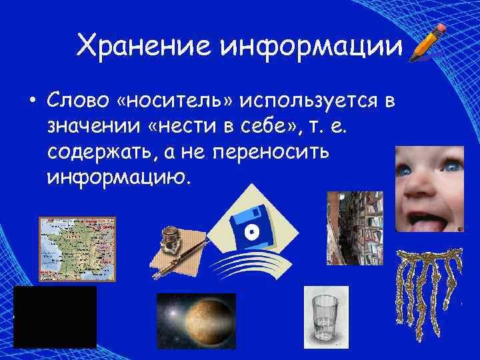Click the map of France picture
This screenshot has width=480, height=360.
click(x=77, y=249)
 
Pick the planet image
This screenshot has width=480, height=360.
click(x=196, y=321)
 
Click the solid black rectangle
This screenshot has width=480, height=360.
click(x=55, y=317)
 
